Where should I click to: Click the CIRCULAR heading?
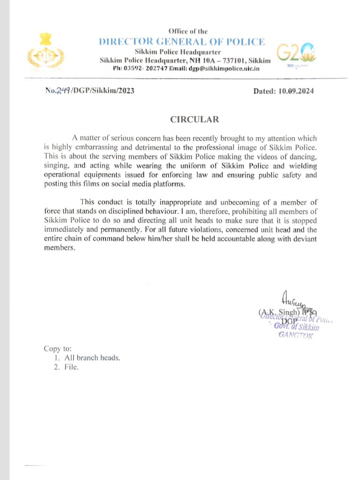coord(194,120)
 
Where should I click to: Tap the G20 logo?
coord(296,53)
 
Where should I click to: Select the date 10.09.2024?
coord(296,91)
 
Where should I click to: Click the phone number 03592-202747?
coord(145,69)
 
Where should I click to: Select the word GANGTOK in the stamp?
coord(295,335)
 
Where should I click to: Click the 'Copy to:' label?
coord(57,349)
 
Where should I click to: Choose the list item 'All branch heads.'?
coord(92,358)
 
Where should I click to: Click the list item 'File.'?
coord(71,367)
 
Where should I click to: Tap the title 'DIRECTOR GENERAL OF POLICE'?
coord(182,42)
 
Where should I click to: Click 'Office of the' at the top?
coord(188,31)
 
